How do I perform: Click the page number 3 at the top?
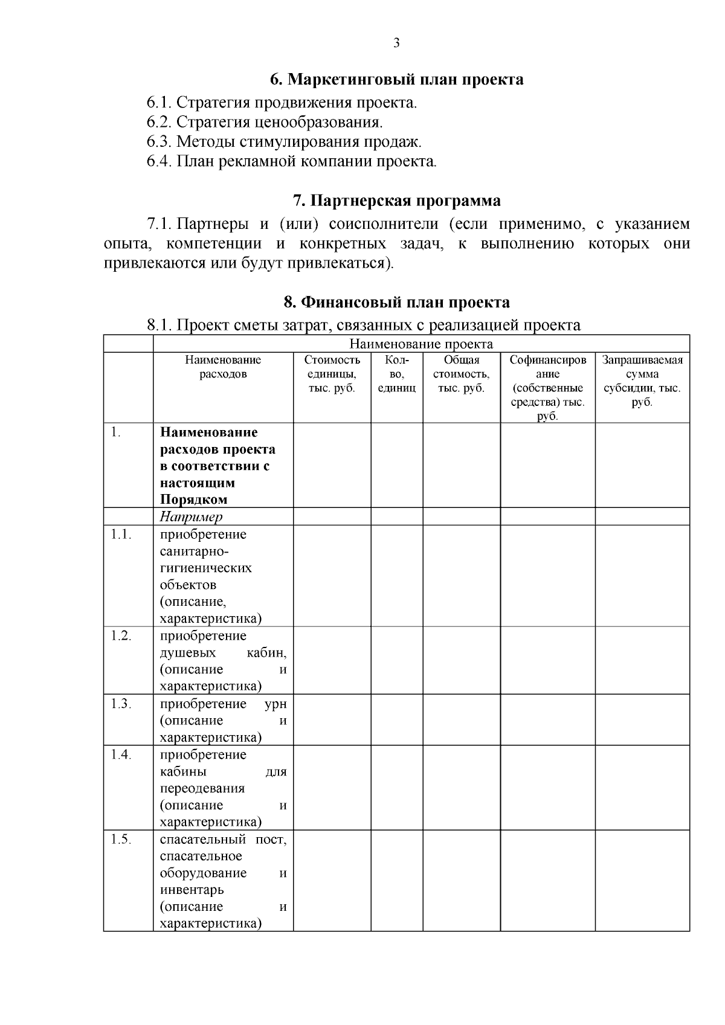coord(396,43)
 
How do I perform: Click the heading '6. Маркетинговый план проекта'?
coord(396,79)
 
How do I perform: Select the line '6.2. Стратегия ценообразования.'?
coord(265,122)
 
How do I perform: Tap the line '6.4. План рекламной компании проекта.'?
coord(291,161)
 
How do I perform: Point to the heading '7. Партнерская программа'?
coord(396,201)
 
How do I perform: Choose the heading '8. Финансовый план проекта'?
coord(396,302)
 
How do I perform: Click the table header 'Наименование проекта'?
coord(421,344)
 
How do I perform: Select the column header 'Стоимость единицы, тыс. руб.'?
coord(332,374)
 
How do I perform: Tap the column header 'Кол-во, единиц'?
coord(396,374)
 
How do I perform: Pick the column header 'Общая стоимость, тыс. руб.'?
coord(461,374)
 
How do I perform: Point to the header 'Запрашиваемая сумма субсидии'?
coord(642,381)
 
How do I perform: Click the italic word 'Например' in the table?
coord(191,517)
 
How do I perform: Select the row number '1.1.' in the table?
coord(121,535)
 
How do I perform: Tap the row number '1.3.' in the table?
coord(121,704)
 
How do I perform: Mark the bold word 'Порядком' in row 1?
coord(194,500)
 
